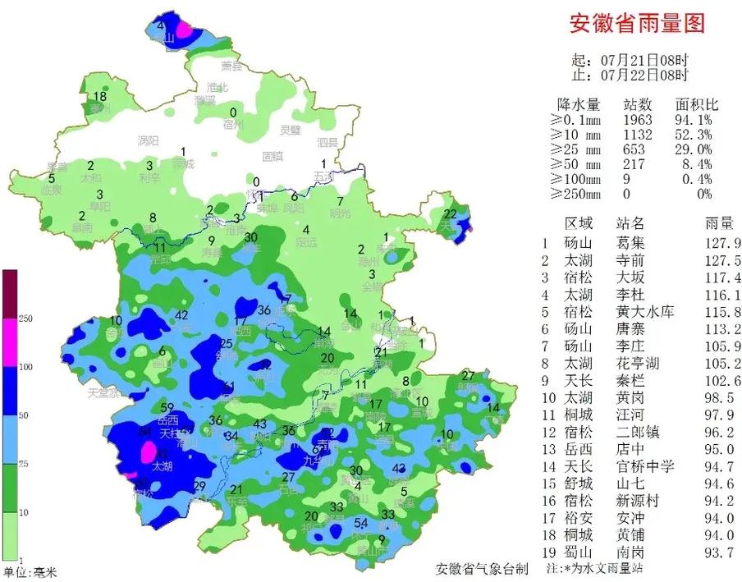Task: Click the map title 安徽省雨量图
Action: click(x=637, y=23)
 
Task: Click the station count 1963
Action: click(x=638, y=120)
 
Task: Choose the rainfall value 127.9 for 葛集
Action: click(x=723, y=243)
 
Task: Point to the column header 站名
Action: click(x=630, y=222)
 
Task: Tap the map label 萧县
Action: click(x=232, y=66)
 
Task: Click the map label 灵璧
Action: click(x=291, y=130)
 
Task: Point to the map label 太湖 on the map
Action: click(x=163, y=466)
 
